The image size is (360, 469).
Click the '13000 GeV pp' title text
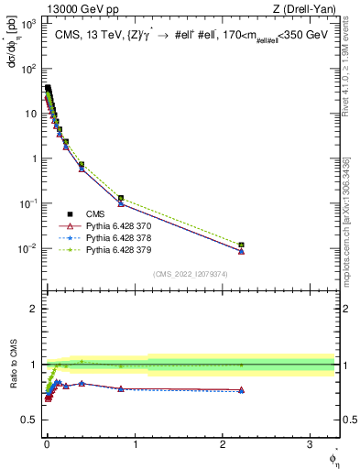73,8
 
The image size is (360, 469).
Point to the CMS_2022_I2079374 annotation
191,272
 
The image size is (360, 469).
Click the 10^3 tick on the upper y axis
28,24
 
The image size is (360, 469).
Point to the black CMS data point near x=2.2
241,245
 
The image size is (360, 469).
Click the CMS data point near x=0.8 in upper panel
121,198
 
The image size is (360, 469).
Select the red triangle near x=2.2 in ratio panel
241,390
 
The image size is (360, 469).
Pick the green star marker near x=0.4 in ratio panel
82,362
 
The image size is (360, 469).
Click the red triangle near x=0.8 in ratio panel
121,388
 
